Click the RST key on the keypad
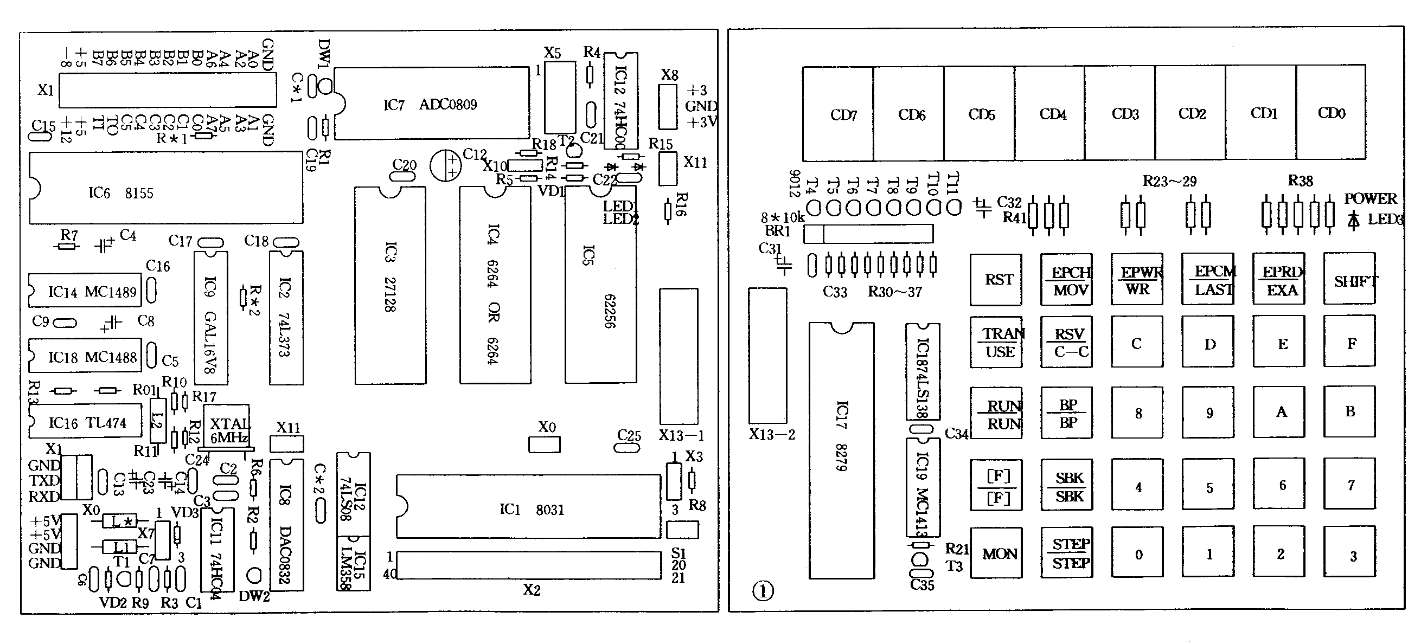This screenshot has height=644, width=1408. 995,280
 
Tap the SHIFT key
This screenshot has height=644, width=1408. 1348,279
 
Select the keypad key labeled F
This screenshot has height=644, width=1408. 1348,343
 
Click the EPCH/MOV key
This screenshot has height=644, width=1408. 1066,280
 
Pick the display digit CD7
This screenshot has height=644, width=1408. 837,114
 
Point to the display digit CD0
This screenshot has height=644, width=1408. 1330,113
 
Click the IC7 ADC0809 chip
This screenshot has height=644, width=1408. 432,103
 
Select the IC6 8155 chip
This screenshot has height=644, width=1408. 165,188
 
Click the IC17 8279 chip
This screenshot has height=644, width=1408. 841,450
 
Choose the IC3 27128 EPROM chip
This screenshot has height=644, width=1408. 390,285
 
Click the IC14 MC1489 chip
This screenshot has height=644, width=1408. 85,290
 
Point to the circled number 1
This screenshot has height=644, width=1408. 763,591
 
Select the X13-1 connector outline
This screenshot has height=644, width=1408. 679,356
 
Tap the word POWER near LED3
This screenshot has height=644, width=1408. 1369,198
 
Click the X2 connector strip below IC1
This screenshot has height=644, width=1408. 528,565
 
